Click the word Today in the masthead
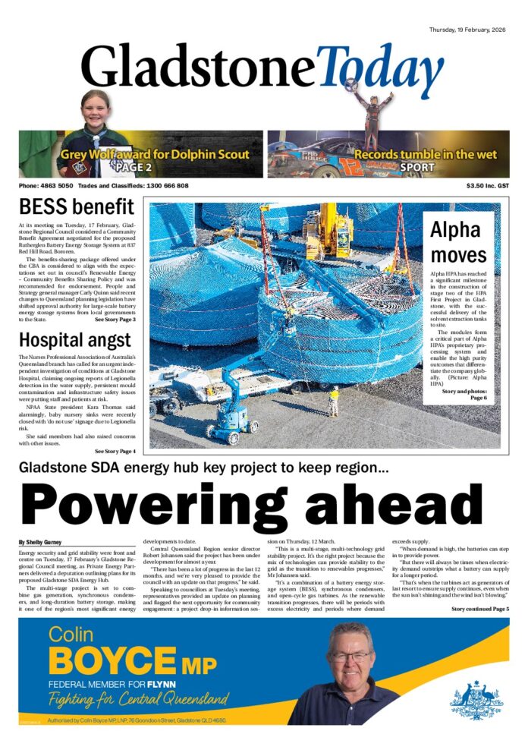379,70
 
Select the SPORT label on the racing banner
417,167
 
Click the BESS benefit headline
76,206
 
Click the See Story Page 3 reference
115,320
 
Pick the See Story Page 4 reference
115,452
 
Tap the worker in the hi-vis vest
333,400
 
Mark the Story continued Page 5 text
480,609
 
